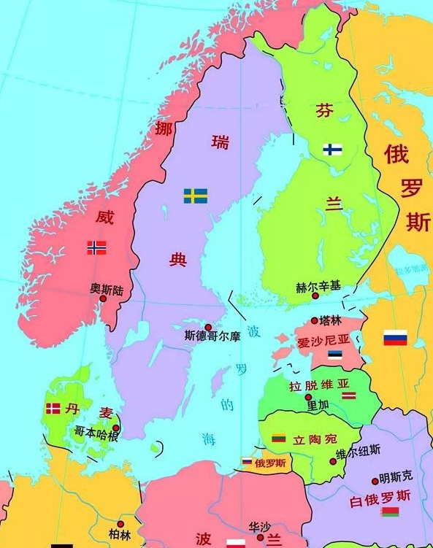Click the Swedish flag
(x=195, y=196)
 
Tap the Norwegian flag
(x=96, y=247)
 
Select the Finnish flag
(x=333, y=150)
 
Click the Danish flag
(x=53, y=409)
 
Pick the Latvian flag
(x=349, y=395)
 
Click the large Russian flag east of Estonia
(x=395, y=338)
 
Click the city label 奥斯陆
(x=107, y=290)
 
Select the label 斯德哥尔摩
(x=212, y=338)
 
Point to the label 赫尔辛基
(x=318, y=287)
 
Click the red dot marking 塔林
(x=315, y=320)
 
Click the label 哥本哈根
(x=96, y=433)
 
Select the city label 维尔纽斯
(x=358, y=453)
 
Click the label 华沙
(x=259, y=526)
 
